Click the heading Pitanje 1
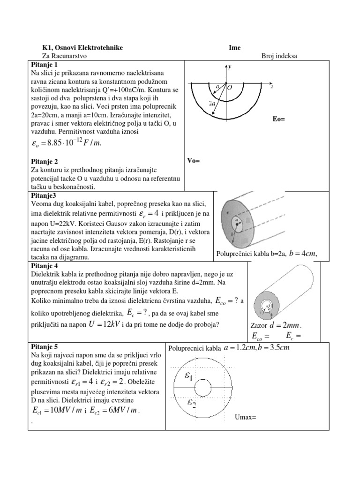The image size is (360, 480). coord(44,64)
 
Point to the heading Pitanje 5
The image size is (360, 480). coord(44,347)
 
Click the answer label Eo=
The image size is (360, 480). coord(278,119)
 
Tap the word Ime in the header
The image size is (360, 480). coord(234,48)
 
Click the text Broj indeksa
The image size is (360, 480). coord(279,56)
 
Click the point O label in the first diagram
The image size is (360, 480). coord(230,87)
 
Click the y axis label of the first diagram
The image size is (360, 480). coord(230,67)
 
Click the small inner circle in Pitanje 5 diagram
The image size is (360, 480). coord(202,388)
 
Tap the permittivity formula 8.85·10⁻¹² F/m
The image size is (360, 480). coord(65,143)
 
